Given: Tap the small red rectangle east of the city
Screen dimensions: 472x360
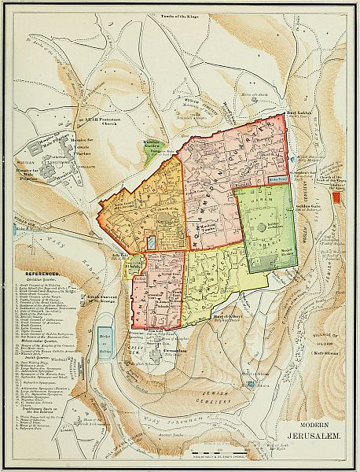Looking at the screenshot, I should (337, 197).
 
